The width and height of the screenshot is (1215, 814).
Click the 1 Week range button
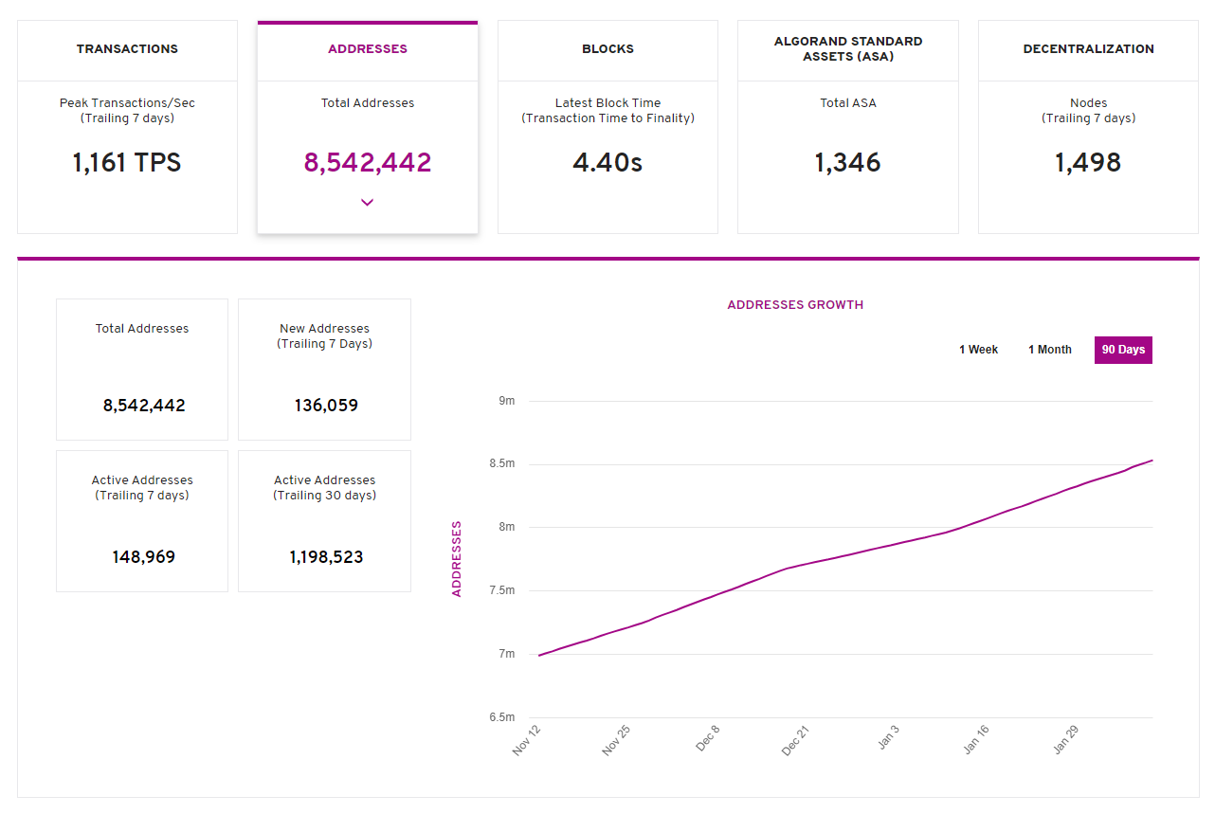[x=978, y=350]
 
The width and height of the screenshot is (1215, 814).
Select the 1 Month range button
[x=1049, y=350]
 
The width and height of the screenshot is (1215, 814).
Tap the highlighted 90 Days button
[x=1123, y=350]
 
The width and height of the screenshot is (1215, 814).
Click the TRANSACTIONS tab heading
[x=127, y=49]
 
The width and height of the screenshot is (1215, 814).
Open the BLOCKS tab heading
[x=607, y=49]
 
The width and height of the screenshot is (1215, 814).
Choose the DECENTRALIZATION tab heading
[x=1088, y=49]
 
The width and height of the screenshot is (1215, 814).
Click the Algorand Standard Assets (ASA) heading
[x=847, y=49]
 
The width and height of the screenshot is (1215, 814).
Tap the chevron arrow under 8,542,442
[x=368, y=202]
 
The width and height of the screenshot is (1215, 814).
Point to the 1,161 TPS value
[x=127, y=163]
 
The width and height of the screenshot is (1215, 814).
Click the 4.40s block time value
[x=607, y=163]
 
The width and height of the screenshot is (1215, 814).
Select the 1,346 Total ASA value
[x=847, y=163]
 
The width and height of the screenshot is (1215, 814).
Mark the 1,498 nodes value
[x=1088, y=163]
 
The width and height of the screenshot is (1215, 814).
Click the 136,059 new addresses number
[x=325, y=406]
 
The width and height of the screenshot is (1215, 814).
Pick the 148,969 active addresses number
[x=143, y=557]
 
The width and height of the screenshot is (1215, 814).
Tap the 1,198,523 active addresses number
[x=325, y=557]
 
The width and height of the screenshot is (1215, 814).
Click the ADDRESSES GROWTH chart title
[x=795, y=305]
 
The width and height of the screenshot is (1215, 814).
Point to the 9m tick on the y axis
[x=506, y=401]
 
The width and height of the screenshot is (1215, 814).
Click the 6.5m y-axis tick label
[x=501, y=717]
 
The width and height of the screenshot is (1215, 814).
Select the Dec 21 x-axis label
[x=795, y=740]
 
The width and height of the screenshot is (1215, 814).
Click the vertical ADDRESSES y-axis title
[x=457, y=559]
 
